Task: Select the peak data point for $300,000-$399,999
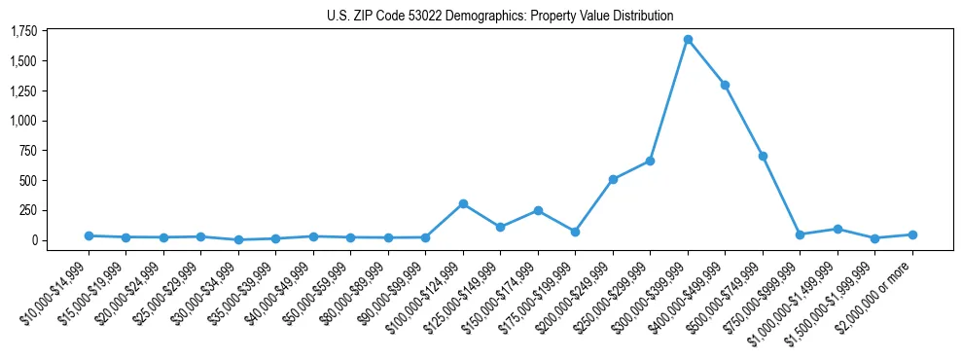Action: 688,40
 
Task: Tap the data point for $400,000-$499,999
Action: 725,85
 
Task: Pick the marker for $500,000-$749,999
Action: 763,156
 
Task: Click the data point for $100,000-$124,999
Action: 463,203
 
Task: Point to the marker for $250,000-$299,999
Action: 650,161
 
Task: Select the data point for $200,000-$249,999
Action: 613,179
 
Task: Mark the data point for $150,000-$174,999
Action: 538,210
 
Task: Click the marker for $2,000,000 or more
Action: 912,234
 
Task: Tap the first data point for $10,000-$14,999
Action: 89,235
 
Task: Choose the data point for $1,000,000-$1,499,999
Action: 837,229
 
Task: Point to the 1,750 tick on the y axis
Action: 23,32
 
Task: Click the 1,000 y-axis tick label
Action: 23,121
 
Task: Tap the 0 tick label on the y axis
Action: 34,240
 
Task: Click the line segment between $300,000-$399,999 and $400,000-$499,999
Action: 706,62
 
